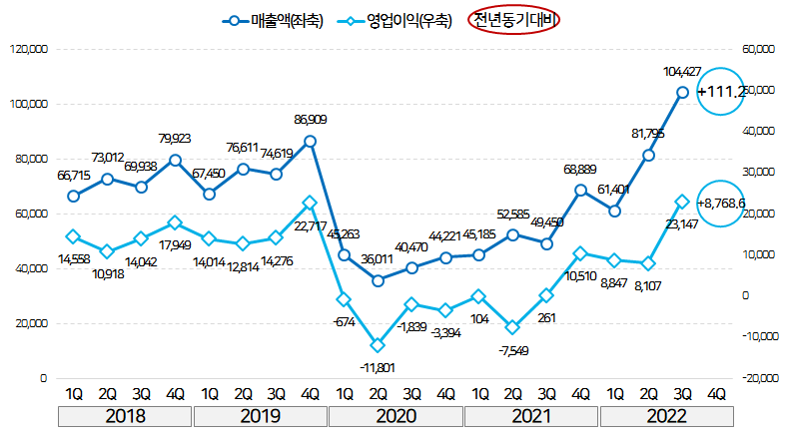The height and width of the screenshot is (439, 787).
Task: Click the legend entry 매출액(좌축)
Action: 275,20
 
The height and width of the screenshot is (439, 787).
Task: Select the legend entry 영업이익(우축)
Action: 400,20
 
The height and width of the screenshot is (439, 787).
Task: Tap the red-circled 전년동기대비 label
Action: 517,20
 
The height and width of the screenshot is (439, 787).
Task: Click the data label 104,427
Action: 682,72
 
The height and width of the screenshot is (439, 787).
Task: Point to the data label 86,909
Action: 310,120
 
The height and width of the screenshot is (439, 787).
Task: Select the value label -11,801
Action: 378,367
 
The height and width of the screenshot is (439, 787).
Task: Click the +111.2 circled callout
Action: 721,92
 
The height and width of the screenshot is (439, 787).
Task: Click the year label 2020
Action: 395,415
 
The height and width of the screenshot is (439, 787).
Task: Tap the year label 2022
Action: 666,415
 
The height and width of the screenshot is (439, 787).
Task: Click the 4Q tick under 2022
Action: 716,393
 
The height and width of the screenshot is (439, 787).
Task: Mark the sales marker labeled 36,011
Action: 378,281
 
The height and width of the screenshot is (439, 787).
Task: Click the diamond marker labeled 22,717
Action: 310,203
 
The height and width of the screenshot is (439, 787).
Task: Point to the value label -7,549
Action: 512,350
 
